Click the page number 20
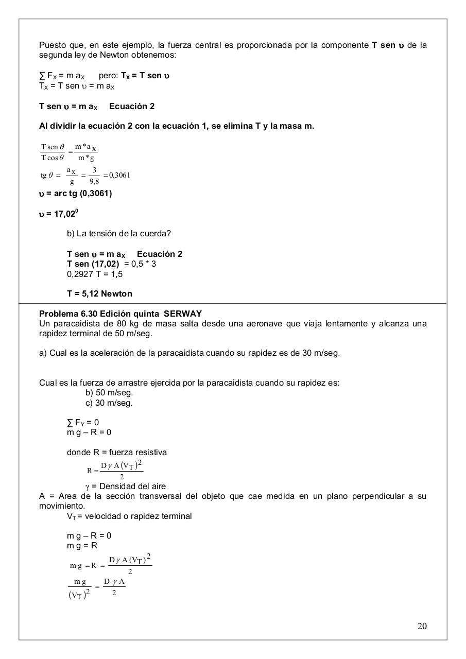[x=422, y=626]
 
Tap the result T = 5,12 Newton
[x=99, y=293]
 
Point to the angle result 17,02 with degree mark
[x=66, y=213]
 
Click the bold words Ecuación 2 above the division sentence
[x=132, y=106]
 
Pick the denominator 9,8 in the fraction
[x=94, y=181]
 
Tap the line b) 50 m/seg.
[x=109, y=392]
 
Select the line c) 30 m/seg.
[x=109, y=403]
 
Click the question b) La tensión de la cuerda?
[x=119, y=233]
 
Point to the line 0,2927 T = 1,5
[x=95, y=274]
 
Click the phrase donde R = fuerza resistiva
[x=117, y=452]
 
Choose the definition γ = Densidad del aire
[x=126, y=486]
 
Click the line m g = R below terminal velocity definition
[x=82, y=545]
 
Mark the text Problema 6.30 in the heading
[x=68, y=314]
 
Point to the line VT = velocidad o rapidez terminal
[x=129, y=516]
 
